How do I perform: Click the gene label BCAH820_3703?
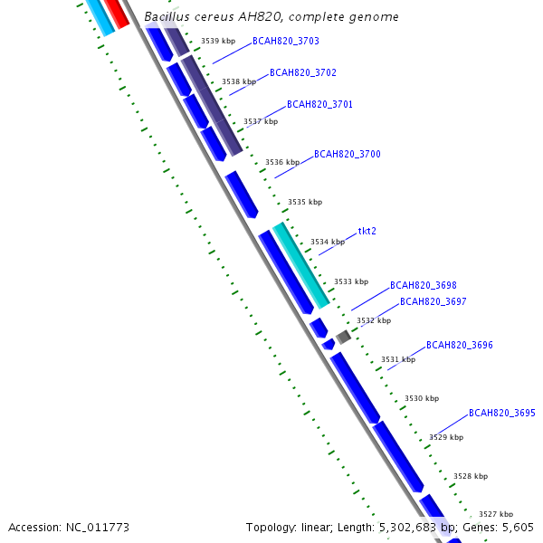coord(285,41)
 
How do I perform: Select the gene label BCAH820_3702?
coord(302,72)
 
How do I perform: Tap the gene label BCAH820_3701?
coord(319,104)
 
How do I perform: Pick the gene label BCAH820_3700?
coord(347,154)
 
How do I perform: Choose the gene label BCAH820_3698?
coord(423,285)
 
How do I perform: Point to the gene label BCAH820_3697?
coord(433,301)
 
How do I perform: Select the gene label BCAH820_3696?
coord(459,345)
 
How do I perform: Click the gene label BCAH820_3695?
coord(501,413)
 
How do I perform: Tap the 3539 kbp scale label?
coord(217,41)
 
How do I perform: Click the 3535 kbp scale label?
coord(304,202)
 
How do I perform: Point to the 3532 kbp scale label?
coord(373,320)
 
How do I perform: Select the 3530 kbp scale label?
coord(421,398)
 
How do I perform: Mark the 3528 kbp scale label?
coord(470,476)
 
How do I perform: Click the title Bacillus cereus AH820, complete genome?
coord(271,17)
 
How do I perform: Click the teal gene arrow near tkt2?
coord(301,263)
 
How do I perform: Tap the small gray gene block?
coord(343,337)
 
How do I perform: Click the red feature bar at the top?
coord(115,12)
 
